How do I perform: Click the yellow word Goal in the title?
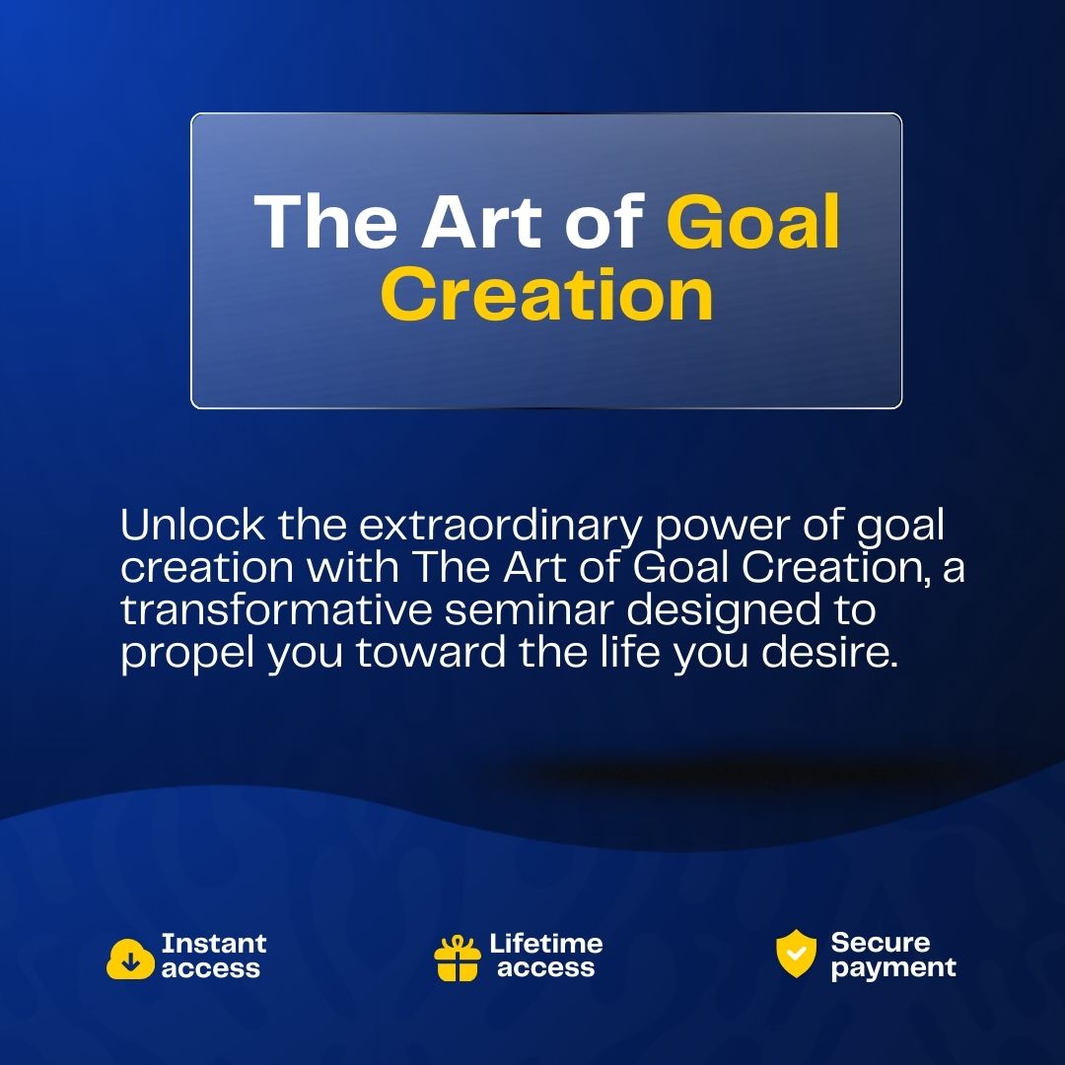point(752,222)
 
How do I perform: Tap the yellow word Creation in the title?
point(546,294)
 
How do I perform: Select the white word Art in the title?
point(481,222)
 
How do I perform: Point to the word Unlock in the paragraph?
point(192,525)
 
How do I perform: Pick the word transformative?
point(276,609)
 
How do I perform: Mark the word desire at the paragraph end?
point(828,652)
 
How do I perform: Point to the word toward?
point(431,652)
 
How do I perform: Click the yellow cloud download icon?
point(130,958)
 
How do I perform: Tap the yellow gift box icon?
point(457,958)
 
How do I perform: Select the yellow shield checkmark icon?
point(796,953)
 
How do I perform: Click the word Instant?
point(213,943)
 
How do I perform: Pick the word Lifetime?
point(546,943)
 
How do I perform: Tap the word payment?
point(893,968)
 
